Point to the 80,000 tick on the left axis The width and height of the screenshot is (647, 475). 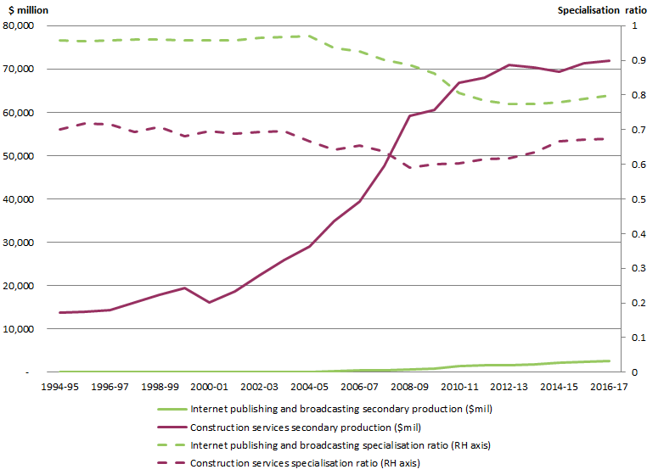click(18, 26)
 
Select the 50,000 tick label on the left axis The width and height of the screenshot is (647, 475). click(18, 156)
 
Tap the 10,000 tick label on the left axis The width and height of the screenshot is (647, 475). click(18, 329)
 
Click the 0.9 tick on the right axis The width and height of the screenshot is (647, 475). click(627, 61)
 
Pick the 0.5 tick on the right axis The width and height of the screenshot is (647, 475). click(627, 199)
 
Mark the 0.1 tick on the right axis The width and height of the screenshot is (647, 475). click(627, 338)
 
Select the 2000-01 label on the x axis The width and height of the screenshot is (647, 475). click(209, 386)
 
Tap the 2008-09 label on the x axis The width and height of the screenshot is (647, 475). click(409, 386)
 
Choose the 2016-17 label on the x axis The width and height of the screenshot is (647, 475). click(610, 386)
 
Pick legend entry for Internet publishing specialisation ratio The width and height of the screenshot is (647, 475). click(340, 444)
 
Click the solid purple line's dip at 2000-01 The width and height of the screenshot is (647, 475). click(209, 302)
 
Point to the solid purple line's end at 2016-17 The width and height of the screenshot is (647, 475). click(610, 60)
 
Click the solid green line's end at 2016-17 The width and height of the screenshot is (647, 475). click(610, 360)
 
